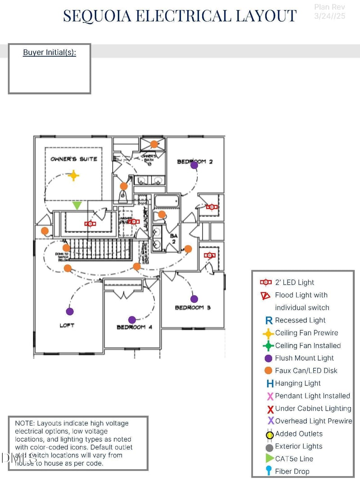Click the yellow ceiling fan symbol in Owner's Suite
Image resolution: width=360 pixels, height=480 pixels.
[x=73, y=176]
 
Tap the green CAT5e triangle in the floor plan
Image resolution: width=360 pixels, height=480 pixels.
[x=77, y=205]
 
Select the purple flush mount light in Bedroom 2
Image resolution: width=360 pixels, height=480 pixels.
[x=194, y=165]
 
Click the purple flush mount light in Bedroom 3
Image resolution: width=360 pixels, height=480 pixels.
[x=194, y=299]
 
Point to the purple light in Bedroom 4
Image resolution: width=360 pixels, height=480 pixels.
[x=132, y=320]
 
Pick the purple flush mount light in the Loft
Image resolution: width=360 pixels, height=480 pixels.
[x=70, y=311]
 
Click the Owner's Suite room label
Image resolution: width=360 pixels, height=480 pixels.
[x=73, y=159]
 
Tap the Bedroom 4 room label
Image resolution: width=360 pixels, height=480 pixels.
[x=134, y=327]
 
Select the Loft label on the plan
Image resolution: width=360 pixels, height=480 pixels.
[x=67, y=325]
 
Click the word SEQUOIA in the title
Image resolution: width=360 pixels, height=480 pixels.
[x=97, y=16]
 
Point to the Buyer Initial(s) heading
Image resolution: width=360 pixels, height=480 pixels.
[x=49, y=52]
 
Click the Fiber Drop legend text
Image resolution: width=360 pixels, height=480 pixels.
[x=292, y=471]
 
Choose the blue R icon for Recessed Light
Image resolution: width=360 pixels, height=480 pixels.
[x=269, y=321]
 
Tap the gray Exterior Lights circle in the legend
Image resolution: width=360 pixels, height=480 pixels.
[x=269, y=448]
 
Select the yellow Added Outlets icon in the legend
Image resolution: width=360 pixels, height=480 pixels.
[x=270, y=435]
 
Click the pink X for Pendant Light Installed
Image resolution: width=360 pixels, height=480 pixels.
[x=270, y=396]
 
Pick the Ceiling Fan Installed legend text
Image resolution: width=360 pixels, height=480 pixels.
[x=308, y=345]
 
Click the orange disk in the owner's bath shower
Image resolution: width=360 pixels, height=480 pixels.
[x=154, y=144]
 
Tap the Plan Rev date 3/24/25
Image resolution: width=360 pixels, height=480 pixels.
[x=330, y=16]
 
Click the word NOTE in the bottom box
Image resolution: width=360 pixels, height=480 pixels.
[x=24, y=423]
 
